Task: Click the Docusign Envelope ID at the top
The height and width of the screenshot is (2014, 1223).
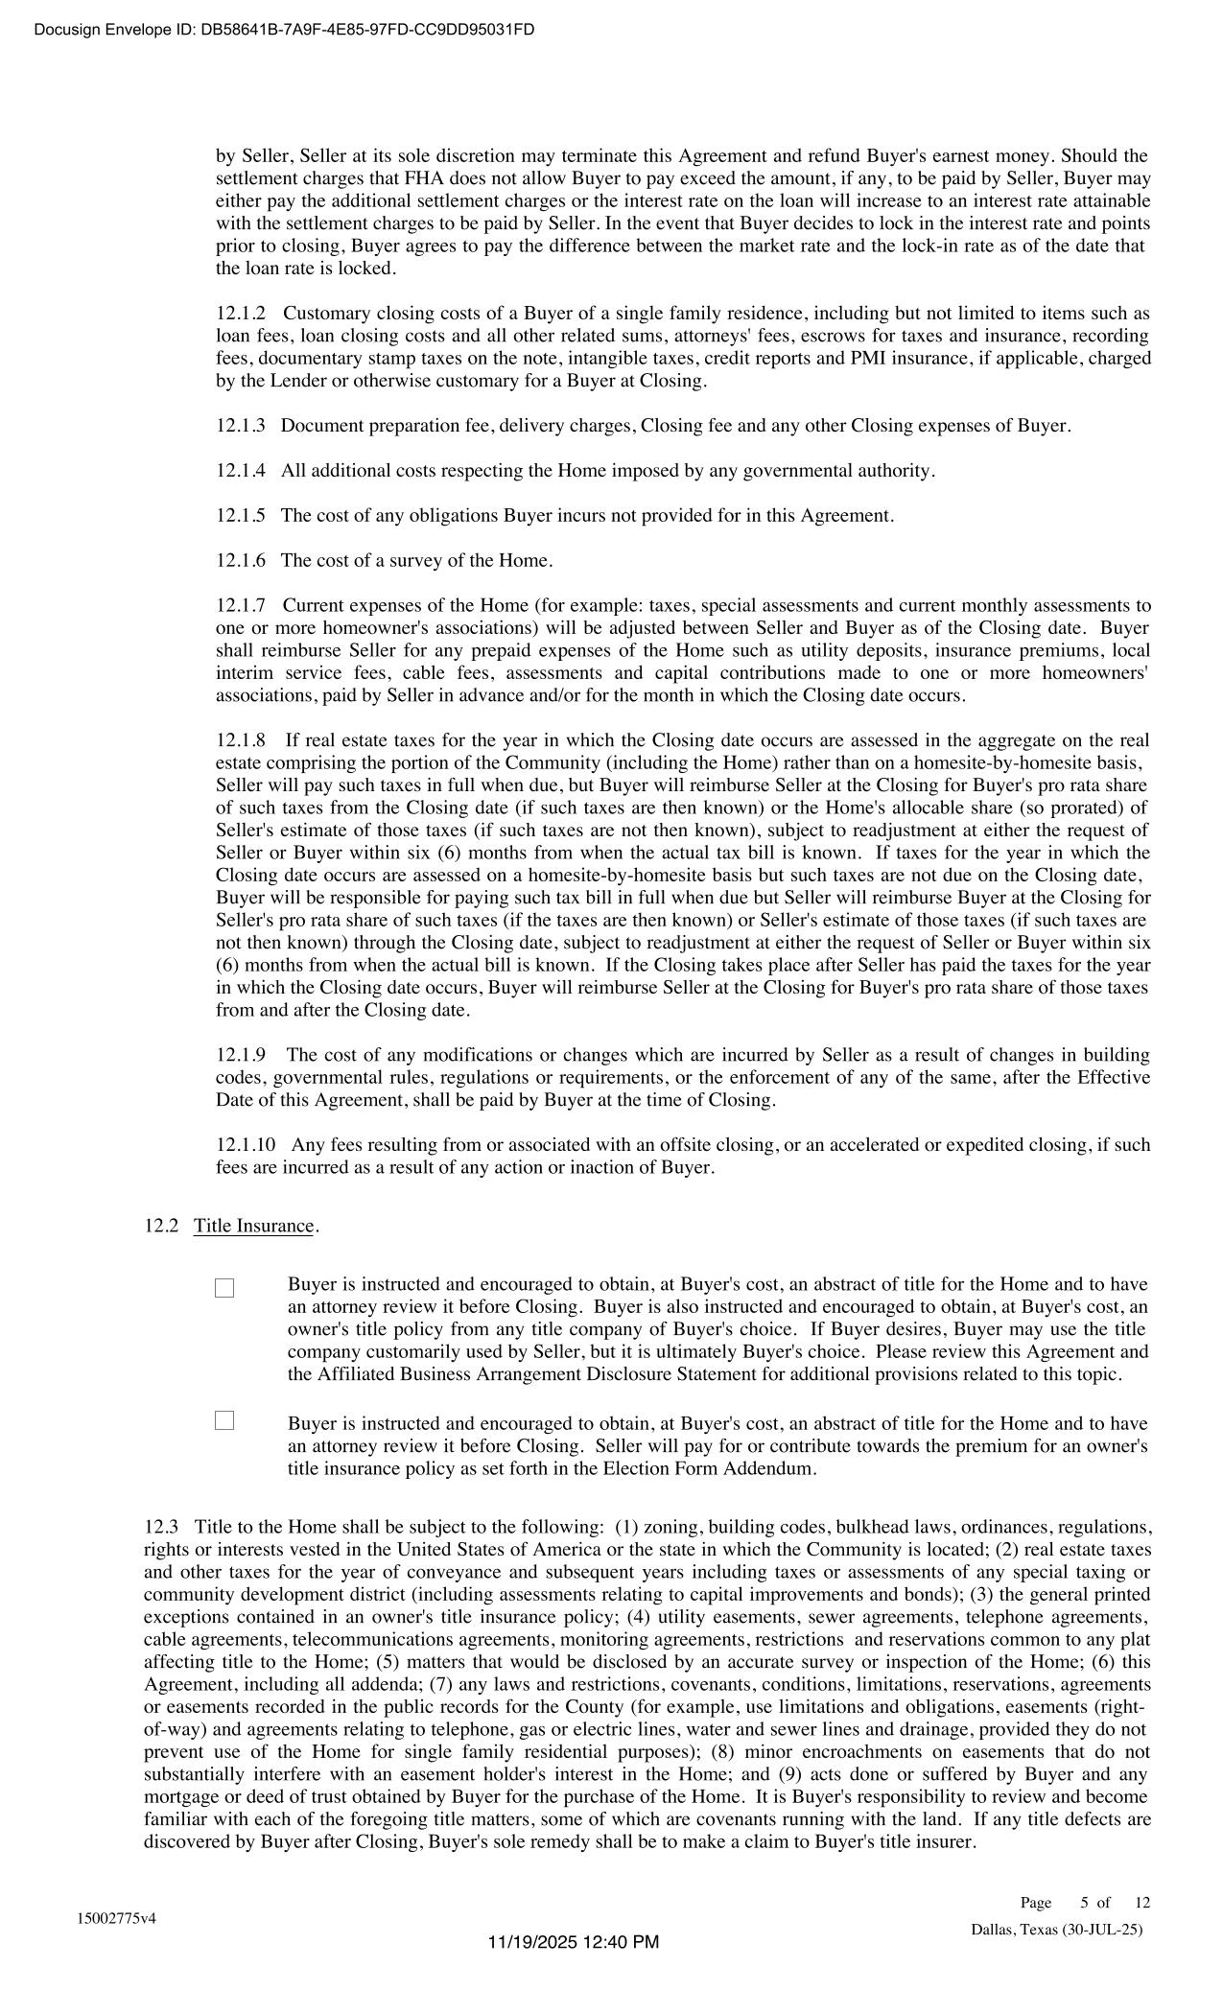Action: pos(284,30)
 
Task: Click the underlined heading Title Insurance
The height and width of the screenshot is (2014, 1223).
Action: pos(253,1226)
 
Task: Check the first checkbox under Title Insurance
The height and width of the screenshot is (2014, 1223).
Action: pos(224,1288)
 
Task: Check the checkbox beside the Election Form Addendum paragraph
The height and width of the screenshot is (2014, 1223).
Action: pos(224,1420)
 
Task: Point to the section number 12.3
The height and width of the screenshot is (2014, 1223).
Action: pos(161,1527)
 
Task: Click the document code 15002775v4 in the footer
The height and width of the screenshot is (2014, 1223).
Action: pos(117,1918)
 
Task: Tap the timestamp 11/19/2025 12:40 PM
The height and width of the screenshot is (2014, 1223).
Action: pos(574,1942)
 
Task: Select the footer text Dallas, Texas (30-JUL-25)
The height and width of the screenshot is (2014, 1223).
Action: pos(1056,1930)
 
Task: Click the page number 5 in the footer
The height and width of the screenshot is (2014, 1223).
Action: pos(1084,1903)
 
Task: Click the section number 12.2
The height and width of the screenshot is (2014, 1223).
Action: pos(161,1226)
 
